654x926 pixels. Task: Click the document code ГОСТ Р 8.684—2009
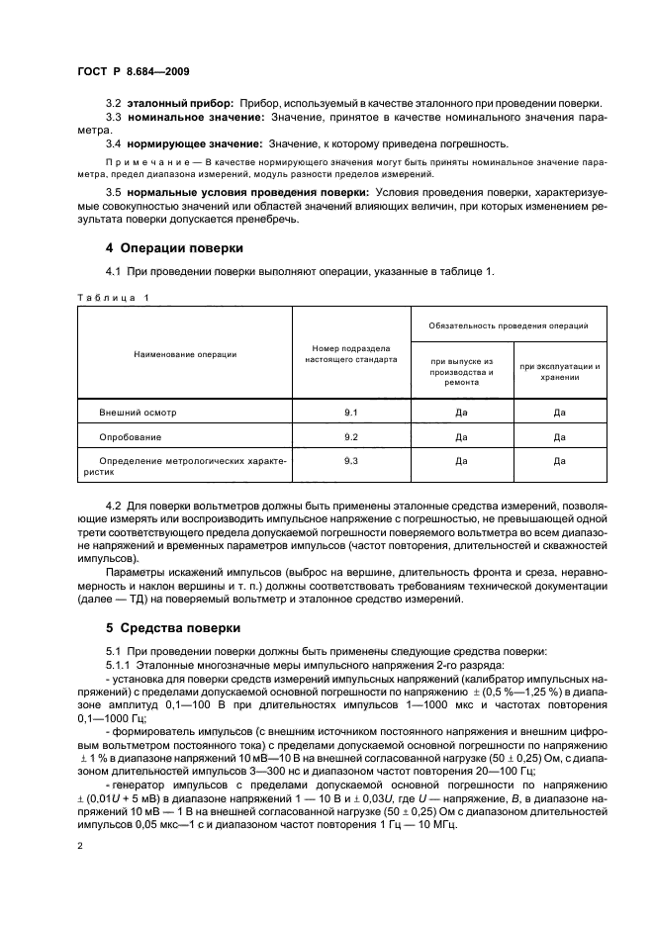tap(134, 72)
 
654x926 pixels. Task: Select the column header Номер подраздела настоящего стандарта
tap(350, 354)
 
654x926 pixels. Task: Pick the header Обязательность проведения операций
tap(509, 324)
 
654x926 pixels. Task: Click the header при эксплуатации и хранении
tap(559, 371)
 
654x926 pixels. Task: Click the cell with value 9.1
tap(350, 411)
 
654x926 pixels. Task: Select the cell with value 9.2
tap(350, 435)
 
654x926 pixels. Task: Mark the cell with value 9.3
tap(350, 461)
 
